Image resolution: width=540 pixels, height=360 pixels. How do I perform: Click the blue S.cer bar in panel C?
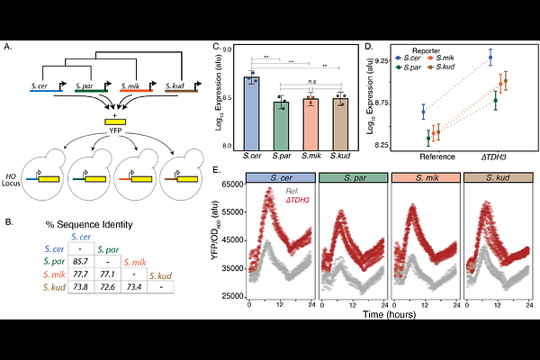tap(252, 112)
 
